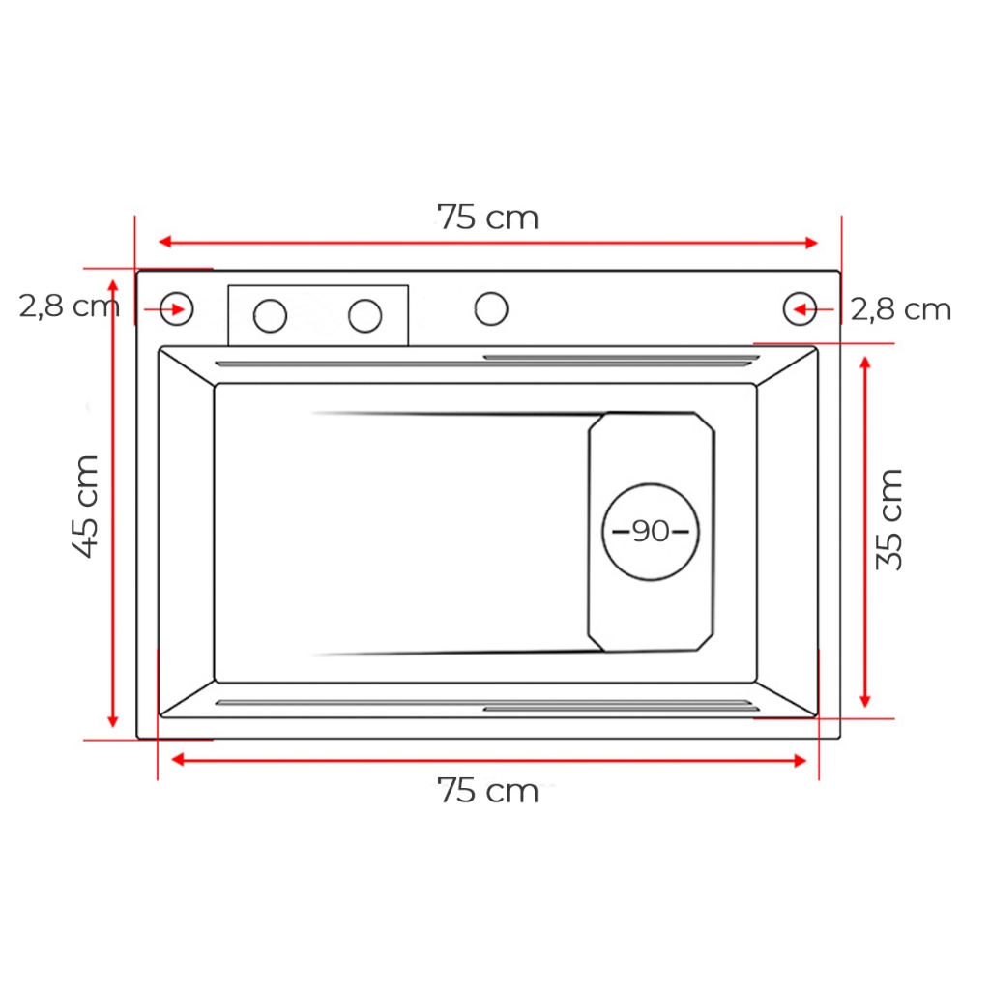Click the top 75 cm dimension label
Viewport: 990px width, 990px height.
487,218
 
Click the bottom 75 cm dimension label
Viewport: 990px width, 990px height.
487,791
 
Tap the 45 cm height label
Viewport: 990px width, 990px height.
85,507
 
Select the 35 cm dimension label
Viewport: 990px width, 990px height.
889,519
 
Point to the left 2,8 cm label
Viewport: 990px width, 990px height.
69,306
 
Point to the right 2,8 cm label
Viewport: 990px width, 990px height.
901,309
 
